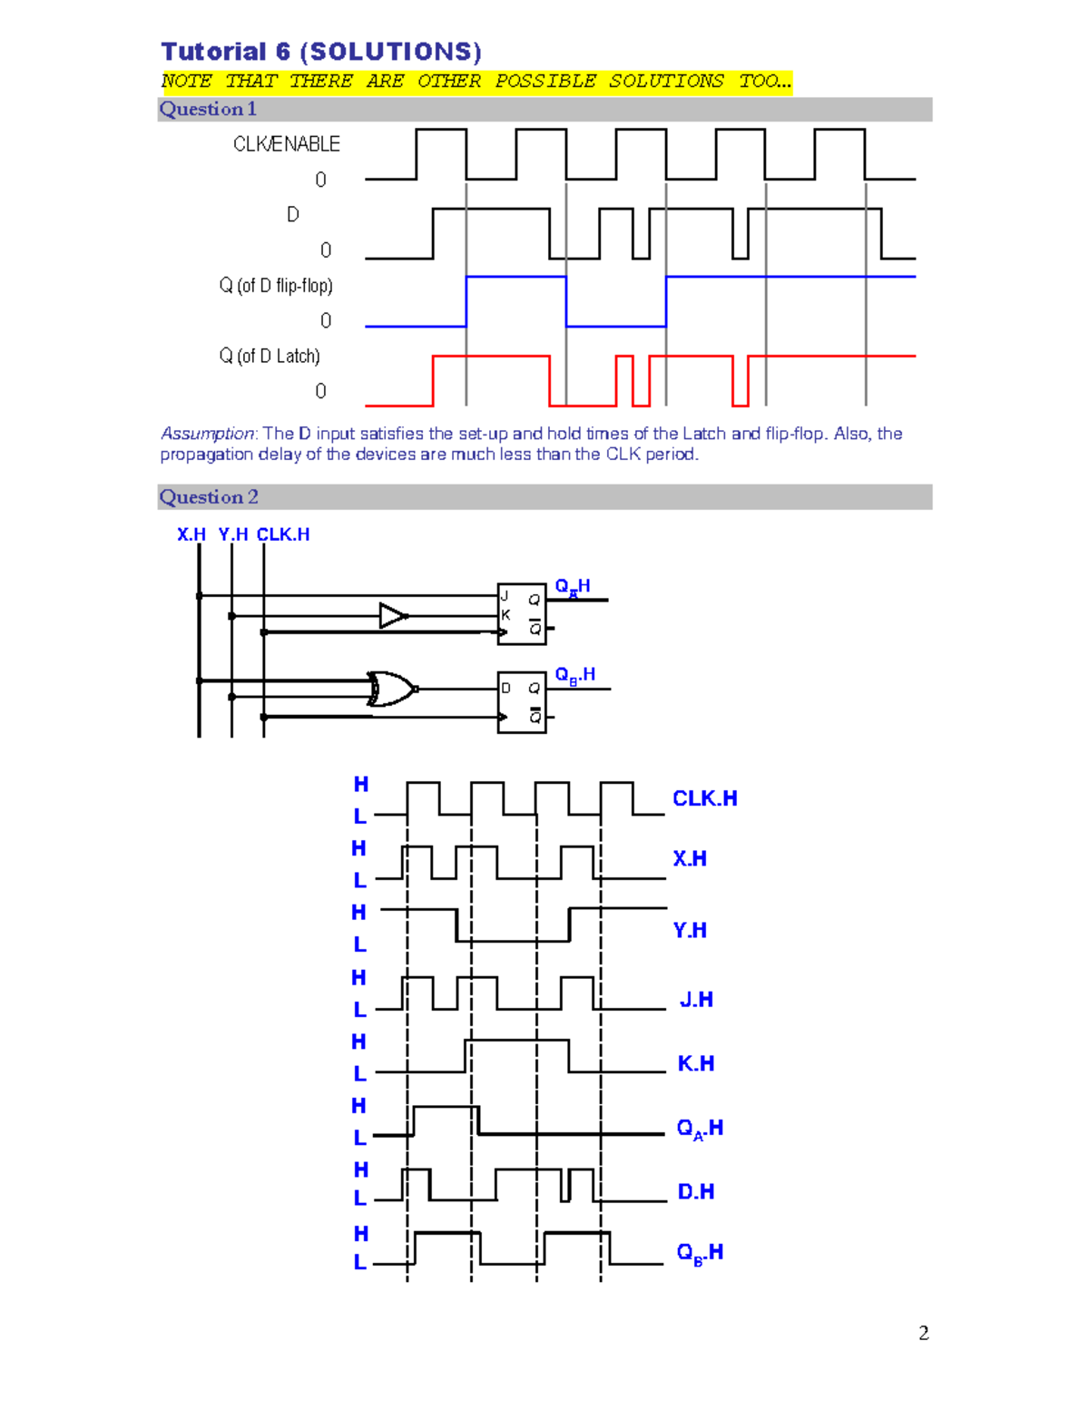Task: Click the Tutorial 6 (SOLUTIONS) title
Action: tap(321, 52)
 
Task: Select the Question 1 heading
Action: tap(208, 109)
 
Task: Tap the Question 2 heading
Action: tap(209, 497)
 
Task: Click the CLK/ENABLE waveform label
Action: tap(286, 144)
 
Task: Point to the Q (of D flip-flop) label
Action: tap(276, 286)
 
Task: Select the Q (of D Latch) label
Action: tap(270, 357)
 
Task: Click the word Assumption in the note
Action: tap(208, 434)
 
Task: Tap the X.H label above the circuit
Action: tap(191, 534)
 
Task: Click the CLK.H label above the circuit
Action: tap(283, 534)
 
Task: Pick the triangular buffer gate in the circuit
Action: tap(392, 616)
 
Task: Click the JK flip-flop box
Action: tap(522, 614)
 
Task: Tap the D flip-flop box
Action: tap(522, 702)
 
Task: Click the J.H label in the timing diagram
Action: tap(696, 1000)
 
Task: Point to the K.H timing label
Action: tap(695, 1063)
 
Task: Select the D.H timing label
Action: tap(695, 1191)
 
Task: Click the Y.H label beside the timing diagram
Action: tap(690, 930)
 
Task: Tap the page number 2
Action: tap(924, 1333)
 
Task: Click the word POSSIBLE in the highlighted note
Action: tap(544, 81)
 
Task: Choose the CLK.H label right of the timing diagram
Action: tap(704, 798)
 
